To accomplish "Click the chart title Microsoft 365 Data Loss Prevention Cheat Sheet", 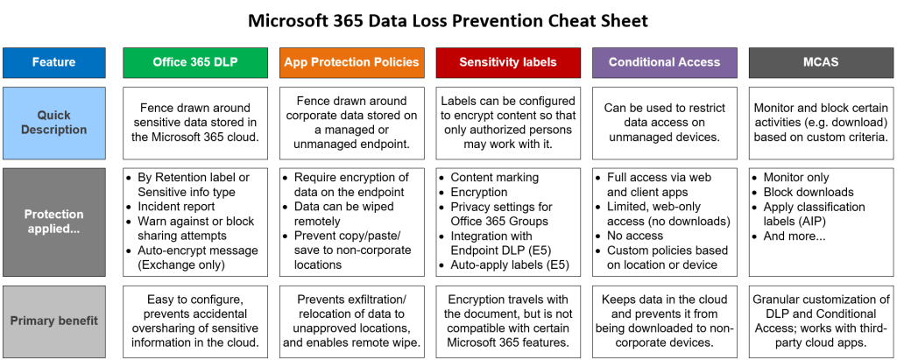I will tap(448, 19).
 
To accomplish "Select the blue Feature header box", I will tap(53, 62).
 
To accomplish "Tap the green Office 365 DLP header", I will tap(194, 62).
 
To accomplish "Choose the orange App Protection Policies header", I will tap(352, 62).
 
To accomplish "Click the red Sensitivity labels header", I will tap(507, 62).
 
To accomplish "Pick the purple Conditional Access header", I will tap(664, 62).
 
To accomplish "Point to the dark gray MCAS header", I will tap(820, 62).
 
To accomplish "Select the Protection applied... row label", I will tap(53, 221).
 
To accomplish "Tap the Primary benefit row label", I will tap(53, 321).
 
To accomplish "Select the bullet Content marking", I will tap(494, 177).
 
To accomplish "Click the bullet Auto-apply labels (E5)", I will tap(509, 265).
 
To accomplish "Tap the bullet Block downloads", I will tap(808, 192).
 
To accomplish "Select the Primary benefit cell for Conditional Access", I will tap(664, 321).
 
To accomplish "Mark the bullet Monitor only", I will tap(801, 177).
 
